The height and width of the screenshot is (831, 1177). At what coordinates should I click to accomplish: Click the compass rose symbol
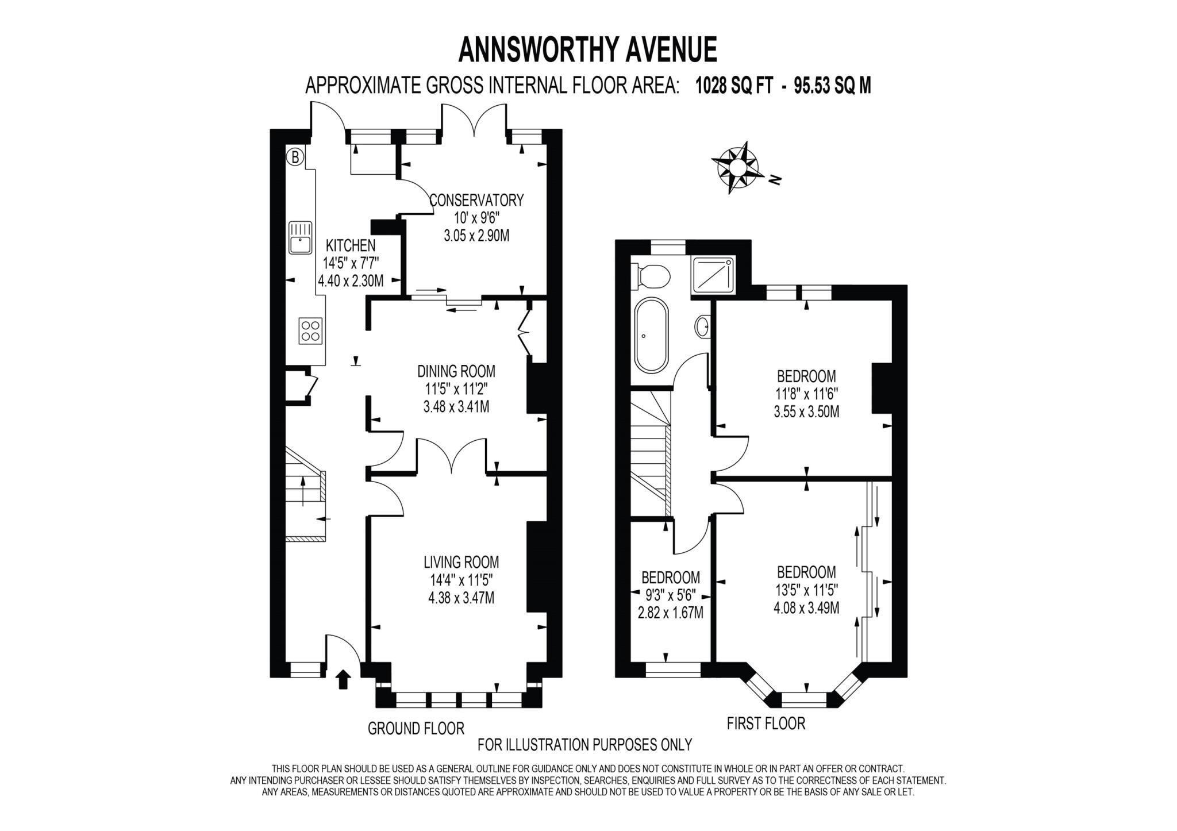(x=737, y=167)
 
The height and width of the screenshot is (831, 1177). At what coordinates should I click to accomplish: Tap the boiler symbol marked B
(x=295, y=156)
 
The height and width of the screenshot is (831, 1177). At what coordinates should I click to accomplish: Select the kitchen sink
(x=300, y=237)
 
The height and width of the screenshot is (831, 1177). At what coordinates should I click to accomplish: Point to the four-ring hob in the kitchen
(x=311, y=331)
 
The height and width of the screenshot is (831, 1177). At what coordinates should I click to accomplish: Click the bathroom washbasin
(x=702, y=327)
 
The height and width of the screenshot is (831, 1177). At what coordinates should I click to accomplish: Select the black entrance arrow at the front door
(x=343, y=679)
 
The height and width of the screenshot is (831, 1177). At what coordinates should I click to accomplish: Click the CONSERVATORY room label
(x=476, y=200)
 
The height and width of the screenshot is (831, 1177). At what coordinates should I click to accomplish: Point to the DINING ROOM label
(x=456, y=371)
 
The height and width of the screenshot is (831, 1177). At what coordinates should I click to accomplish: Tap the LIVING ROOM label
(x=461, y=561)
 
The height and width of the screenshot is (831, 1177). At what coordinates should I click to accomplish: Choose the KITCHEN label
(x=351, y=245)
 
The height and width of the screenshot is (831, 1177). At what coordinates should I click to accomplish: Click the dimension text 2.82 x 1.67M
(x=670, y=613)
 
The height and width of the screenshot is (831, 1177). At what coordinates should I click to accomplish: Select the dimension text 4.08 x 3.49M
(x=806, y=607)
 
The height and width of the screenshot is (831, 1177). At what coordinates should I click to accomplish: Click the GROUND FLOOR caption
(x=416, y=729)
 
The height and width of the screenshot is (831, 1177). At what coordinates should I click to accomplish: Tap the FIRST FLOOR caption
(x=766, y=723)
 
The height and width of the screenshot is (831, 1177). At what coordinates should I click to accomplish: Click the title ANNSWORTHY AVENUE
(x=587, y=50)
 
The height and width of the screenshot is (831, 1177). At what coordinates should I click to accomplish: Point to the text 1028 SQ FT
(x=734, y=86)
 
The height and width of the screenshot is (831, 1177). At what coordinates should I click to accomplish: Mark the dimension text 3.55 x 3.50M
(x=806, y=411)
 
